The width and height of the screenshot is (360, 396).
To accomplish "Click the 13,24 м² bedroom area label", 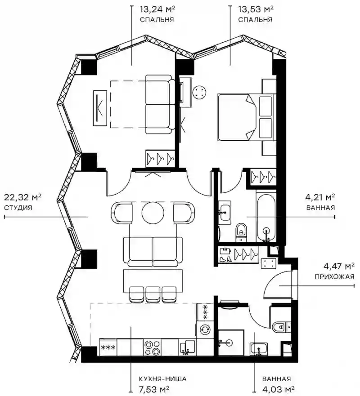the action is click(157, 9).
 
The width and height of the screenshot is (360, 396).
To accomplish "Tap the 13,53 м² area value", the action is click(256, 9).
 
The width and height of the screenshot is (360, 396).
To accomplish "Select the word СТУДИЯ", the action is click(18, 208).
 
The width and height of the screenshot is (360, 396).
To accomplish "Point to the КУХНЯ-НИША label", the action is click(162, 379).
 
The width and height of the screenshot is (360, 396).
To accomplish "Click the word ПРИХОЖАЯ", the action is click(334, 276).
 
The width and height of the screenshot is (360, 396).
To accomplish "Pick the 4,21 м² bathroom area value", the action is click(320, 197).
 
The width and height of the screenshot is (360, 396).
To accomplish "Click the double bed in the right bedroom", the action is click(246, 117).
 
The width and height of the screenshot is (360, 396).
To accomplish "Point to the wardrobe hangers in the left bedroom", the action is click(159, 158).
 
